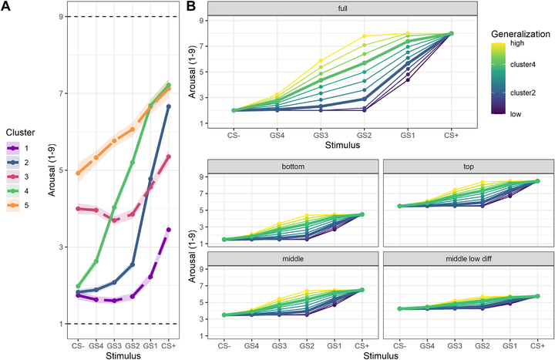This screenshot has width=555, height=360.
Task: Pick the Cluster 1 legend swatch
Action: [x=12, y=147]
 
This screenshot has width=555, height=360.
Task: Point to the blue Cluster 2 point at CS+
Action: [x=168, y=106]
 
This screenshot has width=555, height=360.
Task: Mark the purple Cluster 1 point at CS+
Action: [x=168, y=230]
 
